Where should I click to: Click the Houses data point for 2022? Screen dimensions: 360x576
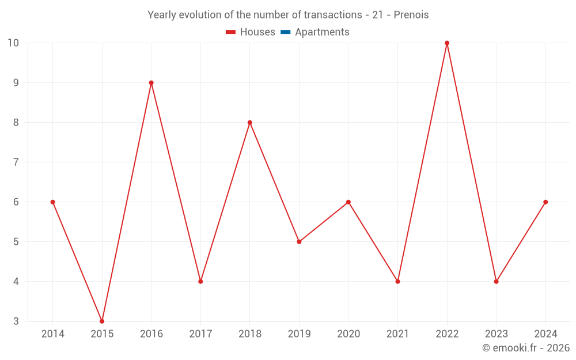point(447,43)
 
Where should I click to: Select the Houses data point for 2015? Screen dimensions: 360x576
point(102,321)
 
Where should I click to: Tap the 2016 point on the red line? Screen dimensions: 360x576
point(151,83)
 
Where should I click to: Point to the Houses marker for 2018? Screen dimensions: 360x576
point(250,123)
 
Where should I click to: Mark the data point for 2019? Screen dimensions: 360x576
point(299,241)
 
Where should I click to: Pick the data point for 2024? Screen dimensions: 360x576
point(545,202)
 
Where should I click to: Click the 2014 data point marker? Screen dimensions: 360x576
point(52,202)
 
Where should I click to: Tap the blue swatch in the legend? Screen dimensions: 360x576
point(285,32)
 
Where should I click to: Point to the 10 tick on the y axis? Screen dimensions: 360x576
point(13,43)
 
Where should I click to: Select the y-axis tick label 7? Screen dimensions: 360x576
point(16,162)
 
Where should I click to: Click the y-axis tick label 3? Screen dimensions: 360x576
point(16,321)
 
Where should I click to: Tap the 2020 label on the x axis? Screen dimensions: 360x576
point(348,334)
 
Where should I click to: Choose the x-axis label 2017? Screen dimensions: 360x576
point(200,334)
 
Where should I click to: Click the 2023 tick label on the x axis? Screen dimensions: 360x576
point(496,334)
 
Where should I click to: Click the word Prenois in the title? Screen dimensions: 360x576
point(411,15)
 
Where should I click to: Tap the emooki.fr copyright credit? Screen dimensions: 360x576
point(526,348)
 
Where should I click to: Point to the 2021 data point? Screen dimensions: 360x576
point(397,281)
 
